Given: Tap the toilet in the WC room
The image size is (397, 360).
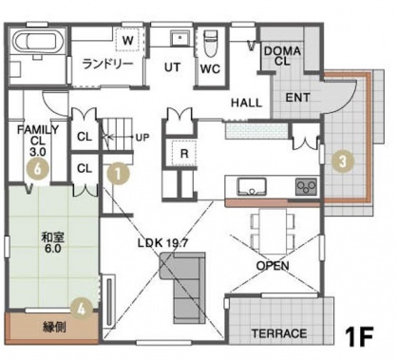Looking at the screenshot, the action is click(x=210, y=43).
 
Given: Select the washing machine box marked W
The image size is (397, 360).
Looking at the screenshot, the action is click(x=127, y=40).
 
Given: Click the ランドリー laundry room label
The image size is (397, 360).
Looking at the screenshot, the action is click(x=107, y=65).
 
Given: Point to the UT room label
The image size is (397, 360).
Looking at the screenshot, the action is click(x=173, y=67).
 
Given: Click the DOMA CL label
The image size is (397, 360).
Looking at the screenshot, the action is click(x=282, y=56).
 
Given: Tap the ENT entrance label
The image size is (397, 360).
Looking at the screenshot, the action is click(x=298, y=98).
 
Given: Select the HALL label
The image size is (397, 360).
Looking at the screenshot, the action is click(x=247, y=103).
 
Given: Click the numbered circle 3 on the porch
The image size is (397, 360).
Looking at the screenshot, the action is click(x=343, y=161).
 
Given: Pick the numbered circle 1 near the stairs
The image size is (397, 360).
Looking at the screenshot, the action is click(x=118, y=174).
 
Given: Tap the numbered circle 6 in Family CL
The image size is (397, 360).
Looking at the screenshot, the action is click(x=38, y=170).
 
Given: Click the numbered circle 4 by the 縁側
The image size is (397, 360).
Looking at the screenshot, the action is click(x=82, y=310).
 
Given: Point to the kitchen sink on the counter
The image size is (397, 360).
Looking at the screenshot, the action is click(x=252, y=187).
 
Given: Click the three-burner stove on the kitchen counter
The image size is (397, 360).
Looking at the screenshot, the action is click(x=307, y=186).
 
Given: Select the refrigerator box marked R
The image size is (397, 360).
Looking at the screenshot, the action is click(x=184, y=153).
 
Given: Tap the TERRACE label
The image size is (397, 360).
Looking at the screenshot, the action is click(x=279, y=333).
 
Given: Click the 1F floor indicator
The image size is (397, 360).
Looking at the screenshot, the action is click(x=360, y=336).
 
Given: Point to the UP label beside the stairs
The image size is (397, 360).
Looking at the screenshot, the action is click(x=142, y=138).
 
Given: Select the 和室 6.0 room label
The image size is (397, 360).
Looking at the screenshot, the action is click(x=53, y=242).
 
